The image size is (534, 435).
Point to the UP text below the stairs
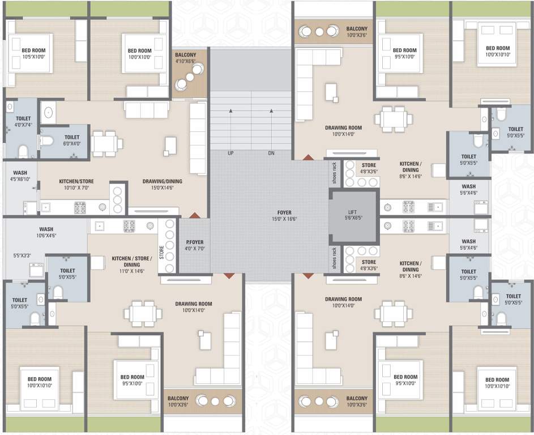tap(230, 153)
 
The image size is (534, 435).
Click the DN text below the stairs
tap(271, 153)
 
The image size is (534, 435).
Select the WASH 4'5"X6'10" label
tap(20, 176)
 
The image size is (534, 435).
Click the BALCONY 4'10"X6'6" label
tap(186, 58)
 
